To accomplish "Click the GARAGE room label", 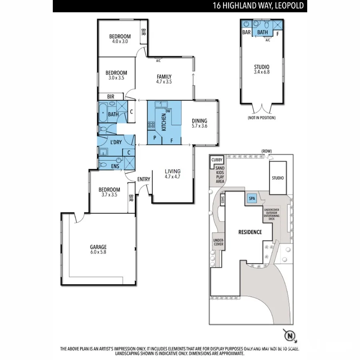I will tap(98, 247).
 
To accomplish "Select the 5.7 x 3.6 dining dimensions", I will tap(200, 126).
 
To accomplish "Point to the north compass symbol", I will tap(289, 334).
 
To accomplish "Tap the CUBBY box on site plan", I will tap(217, 160).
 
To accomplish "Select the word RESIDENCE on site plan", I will tap(250, 232).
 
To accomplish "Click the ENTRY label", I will tap(144, 179).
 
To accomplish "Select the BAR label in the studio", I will tap(246, 32).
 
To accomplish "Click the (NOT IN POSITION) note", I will tap(261, 118).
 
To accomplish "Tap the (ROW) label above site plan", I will tap(266, 151).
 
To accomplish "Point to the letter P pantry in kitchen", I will tap(154, 138).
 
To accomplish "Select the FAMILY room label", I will tap(164, 77).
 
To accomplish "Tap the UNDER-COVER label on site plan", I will tap(218, 242).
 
